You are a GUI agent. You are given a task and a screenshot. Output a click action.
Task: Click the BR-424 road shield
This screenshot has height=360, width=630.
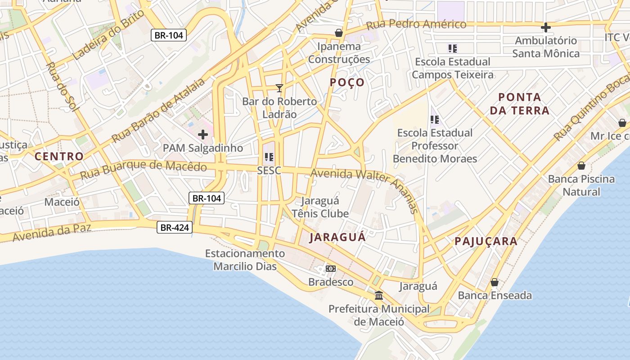point(175,228)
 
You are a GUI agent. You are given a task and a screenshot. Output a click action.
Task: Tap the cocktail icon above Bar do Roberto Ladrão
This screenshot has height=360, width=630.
point(279,87)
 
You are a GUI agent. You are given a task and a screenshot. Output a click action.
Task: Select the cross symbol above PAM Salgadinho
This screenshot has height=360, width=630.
point(203,134)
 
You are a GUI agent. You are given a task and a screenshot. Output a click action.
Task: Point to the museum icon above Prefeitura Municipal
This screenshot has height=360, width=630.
point(379,296)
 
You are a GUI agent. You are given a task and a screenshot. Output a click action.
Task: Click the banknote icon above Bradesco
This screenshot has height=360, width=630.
point(331,269)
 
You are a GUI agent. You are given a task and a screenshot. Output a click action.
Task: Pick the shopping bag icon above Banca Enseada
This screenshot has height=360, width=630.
point(495,282)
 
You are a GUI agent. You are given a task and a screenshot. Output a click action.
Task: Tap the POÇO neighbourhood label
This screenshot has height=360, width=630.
point(347,82)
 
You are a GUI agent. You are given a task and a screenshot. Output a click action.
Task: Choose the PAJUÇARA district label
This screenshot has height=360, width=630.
point(486,241)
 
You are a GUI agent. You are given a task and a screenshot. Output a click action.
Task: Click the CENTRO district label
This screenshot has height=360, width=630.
point(59,157)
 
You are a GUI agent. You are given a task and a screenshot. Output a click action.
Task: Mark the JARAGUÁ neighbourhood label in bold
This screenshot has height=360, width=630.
point(337,238)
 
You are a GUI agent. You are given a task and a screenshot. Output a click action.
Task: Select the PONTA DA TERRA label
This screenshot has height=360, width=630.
point(520,103)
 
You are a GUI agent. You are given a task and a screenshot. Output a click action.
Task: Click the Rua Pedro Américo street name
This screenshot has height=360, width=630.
point(416,24)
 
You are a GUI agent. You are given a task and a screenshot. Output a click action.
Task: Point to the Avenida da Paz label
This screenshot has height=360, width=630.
point(52,232)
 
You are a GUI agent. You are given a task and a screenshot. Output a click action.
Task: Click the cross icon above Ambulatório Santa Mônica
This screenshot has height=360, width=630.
point(546,27)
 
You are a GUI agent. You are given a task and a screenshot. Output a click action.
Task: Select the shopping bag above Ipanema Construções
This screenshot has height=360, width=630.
point(339,33)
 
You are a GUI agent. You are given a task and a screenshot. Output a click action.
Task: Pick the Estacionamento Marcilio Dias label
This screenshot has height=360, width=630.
point(245,260)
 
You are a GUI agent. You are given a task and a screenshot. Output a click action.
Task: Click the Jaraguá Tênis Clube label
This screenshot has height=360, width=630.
point(320,207)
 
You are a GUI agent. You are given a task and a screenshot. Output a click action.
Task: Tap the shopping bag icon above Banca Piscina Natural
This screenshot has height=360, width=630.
point(581,166)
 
